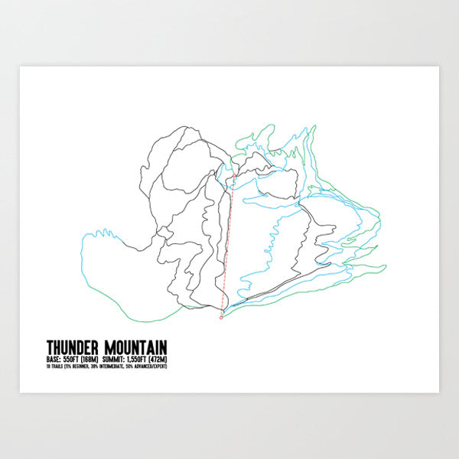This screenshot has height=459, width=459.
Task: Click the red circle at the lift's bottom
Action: pos(221,317)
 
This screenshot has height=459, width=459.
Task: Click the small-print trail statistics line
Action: pos(106,366)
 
